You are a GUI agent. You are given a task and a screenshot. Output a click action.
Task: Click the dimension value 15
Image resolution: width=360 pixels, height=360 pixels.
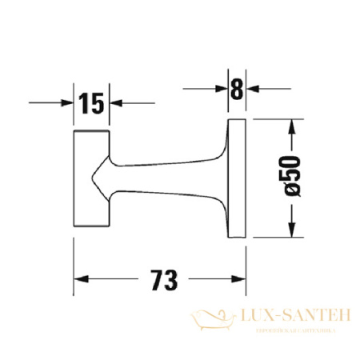coord(92,102)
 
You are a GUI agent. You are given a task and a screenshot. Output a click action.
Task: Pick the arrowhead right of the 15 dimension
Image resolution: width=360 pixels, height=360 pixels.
coord(116,102)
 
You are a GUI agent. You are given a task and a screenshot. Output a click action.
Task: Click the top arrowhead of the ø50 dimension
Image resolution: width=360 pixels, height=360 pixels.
coord(294,126)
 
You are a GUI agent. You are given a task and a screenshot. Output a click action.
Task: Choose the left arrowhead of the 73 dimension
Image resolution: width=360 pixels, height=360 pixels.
coord(81,281)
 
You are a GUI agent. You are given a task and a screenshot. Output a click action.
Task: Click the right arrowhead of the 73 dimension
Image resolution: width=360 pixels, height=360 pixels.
coord(239,281)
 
